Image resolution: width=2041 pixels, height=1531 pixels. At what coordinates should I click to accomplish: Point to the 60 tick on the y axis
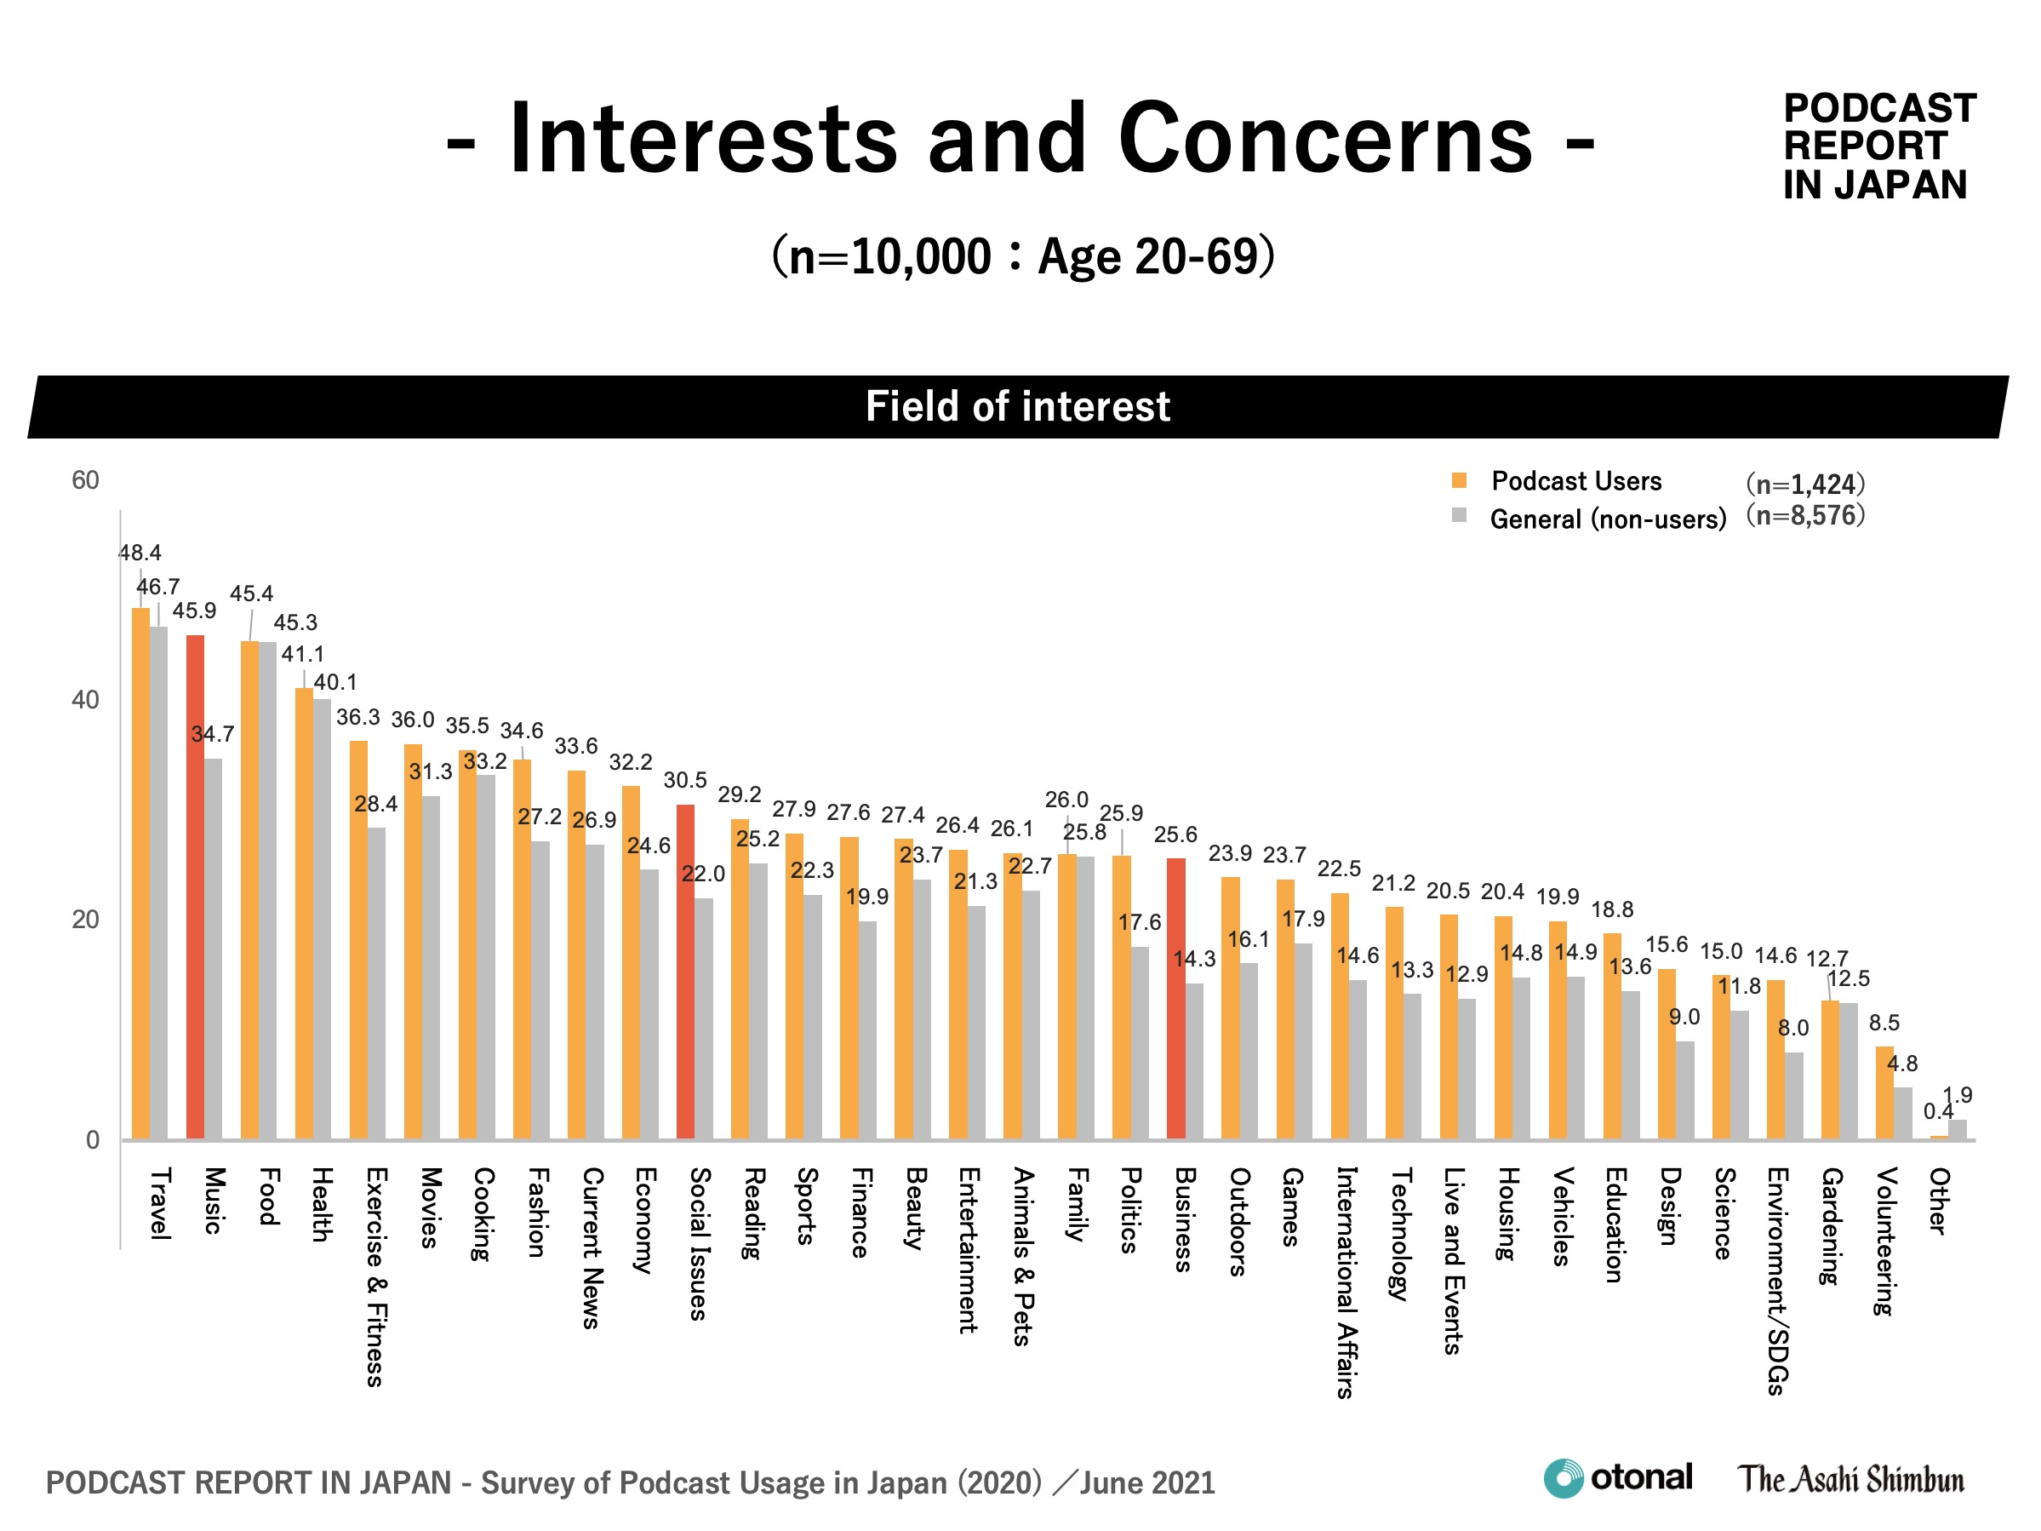(86, 480)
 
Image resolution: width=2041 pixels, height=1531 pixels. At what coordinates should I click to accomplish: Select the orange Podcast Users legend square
(1459, 480)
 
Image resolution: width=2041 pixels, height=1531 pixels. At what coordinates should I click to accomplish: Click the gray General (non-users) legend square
(1459, 515)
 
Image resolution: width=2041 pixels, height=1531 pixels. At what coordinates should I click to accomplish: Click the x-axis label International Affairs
(1346, 1282)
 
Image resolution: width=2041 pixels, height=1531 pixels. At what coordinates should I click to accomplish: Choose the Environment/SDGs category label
(1777, 1281)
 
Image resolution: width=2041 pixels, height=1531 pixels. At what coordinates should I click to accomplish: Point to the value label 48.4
(140, 553)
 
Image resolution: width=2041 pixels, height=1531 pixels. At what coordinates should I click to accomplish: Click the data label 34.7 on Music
(213, 734)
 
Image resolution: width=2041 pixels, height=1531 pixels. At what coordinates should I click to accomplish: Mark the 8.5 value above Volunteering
(1884, 1023)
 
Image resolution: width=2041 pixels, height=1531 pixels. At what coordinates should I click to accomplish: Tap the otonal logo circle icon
(1563, 1478)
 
